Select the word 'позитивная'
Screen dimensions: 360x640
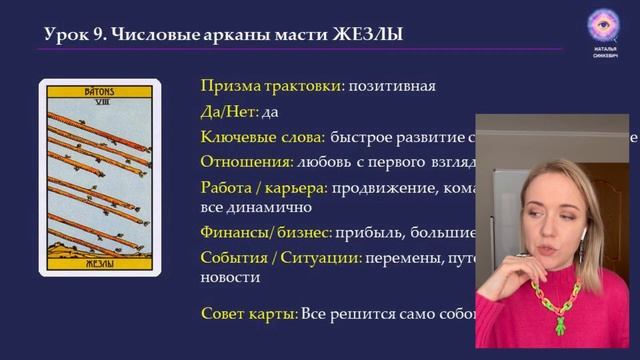click(x=391, y=85)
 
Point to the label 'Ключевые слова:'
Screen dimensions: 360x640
click(x=263, y=136)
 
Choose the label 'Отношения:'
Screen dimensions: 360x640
click(x=246, y=160)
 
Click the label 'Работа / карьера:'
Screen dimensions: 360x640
click(x=264, y=186)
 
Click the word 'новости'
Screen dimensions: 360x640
click(x=230, y=278)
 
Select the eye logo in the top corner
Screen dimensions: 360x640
click(x=603, y=26)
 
